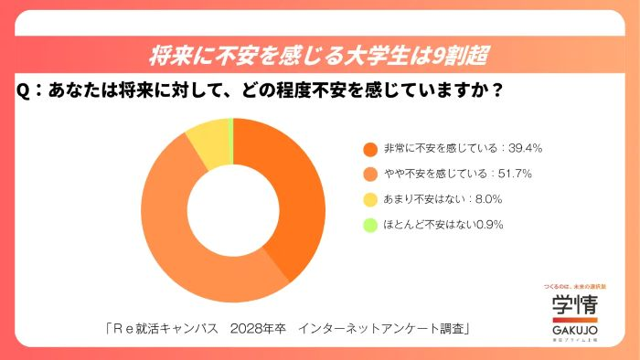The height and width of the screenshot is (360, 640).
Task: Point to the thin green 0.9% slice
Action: pyautogui.click(x=231, y=133)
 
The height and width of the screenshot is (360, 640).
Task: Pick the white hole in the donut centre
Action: pyautogui.click(x=232, y=210)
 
